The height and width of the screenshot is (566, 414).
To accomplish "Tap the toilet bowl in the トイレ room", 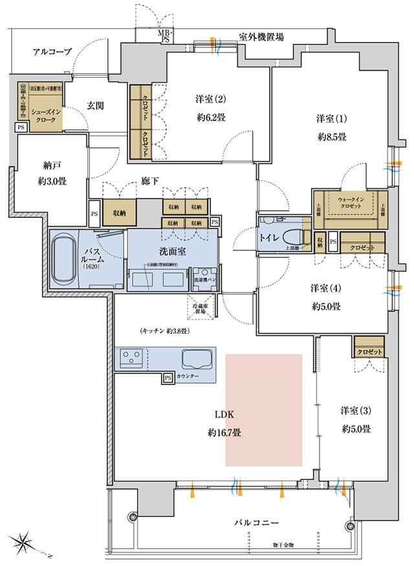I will pyautogui.click(x=298, y=237).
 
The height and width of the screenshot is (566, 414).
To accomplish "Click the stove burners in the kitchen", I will pyautogui.click(x=131, y=358).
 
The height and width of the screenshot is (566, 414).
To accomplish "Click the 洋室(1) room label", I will pyautogui.click(x=332, y=118).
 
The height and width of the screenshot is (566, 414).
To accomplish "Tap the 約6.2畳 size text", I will pyautogui.click(x=210, y=118).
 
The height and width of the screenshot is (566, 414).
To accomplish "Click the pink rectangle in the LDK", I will pyautogui.click(x=264, y=409).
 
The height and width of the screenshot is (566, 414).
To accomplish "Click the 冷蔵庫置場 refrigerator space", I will pyautogui.click(x=199, y=305).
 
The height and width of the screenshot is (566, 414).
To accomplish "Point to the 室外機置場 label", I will pyautogui.click(x=261, y=38).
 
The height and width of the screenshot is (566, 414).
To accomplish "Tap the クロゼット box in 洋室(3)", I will pyautogui.click(x=369, y=351).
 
